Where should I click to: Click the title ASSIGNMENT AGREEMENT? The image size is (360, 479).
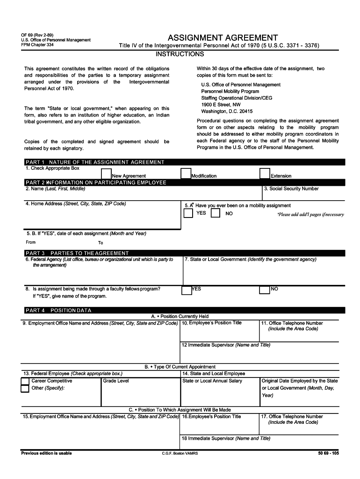coord(223,38)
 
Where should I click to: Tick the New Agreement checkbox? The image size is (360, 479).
coord(106,174)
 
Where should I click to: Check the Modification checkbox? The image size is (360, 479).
coord(186,174)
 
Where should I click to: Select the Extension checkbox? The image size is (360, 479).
coord(265,174)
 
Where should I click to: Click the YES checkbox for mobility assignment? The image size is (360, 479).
coord(188,213)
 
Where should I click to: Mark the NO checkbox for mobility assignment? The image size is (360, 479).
coord(216,213)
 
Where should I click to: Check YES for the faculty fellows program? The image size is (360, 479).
coord(186,290)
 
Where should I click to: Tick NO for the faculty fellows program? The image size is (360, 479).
coord(264,290)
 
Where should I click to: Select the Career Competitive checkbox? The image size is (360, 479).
coord(25,381)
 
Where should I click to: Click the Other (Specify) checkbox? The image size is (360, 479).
coord(25,389)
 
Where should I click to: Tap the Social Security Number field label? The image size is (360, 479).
coord(291,189)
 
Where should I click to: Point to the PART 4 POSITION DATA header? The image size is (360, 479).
coord(58,310)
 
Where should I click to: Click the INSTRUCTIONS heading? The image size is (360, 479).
coord(180,54)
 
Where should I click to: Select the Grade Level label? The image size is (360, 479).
coord(116,381)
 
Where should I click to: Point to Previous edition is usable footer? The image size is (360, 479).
coord(46,453)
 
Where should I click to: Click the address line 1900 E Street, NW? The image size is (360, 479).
coord(221,105)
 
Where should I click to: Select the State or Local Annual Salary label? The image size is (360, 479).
coord(212,381)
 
